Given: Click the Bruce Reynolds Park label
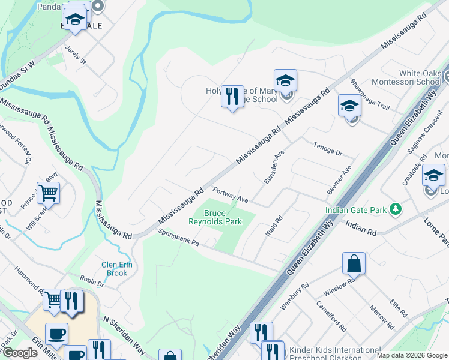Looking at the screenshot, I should [x=223, y=217].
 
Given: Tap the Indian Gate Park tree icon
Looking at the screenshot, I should [x=395, y=209].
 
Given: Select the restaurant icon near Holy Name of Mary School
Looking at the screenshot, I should [x=233, y=96].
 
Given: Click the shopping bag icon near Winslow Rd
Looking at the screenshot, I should [x=354, y=263].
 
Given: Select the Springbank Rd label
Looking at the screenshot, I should [x=178, y=238].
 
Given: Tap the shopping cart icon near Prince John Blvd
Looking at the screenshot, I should [x=48, y=193].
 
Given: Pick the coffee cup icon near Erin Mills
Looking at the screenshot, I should [x=56, y=334].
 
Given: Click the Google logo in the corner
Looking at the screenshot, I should [x=20, y=353].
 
